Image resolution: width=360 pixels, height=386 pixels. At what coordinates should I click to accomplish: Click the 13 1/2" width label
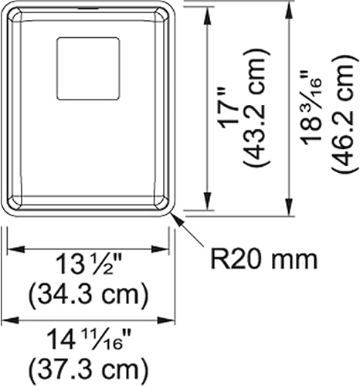pos(87,269)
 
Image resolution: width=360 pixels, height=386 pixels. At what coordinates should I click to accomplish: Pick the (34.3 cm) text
pos(87,294)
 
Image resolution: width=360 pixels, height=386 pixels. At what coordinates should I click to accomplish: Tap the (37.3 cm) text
pos(87,364)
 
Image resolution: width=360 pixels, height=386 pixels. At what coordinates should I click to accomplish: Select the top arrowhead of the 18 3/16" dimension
pos(289,7)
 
